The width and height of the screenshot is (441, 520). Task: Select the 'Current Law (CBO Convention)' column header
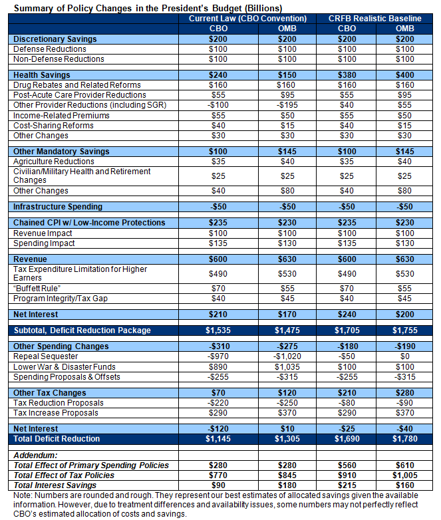tap(247, 19)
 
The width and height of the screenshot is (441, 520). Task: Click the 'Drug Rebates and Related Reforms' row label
tap(77, 85)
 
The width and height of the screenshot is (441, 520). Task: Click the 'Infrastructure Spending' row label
tap(58, 207)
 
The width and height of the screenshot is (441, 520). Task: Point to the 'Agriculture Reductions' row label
tap(55, 162)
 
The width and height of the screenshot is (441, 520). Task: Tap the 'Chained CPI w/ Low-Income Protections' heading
tap(89, 223)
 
